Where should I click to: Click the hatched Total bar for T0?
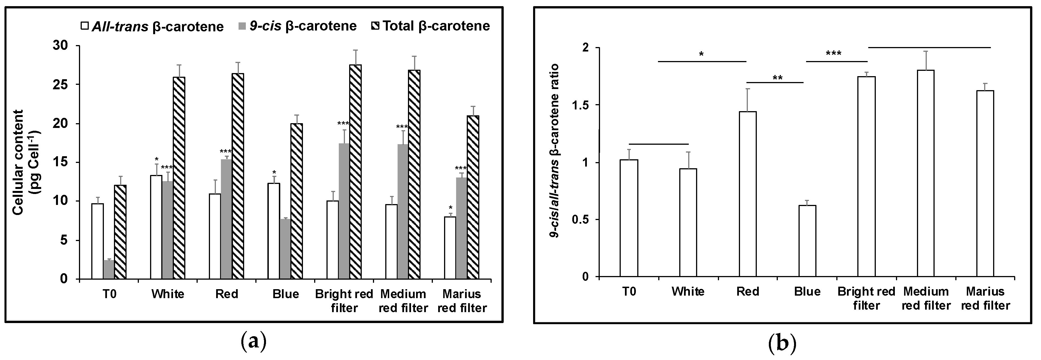(120, 232)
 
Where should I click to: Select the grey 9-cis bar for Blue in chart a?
(285, 249)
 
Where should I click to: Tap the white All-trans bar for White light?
(156, 227)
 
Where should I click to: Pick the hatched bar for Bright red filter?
(355, 172)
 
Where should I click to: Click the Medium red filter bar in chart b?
(925, 174)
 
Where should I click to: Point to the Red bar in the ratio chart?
(748, 194)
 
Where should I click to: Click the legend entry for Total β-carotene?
(431, 26)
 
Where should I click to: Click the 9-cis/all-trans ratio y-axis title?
(558, 150)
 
